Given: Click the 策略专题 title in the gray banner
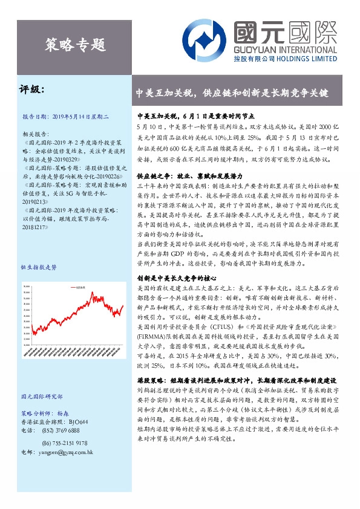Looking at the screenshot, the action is point(76,44).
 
